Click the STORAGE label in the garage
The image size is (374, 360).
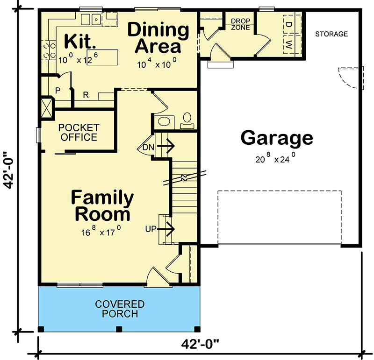[331, 34]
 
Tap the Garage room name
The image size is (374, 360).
[277, 138]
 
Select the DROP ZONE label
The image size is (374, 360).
[240, 24]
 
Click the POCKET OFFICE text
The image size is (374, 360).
[79, 133]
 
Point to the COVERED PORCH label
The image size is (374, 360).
[120, 309]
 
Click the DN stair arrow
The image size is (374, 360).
[166, 146]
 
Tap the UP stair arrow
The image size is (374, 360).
[166, 229]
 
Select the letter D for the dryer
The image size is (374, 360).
[288, 24]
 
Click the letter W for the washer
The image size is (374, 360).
[288, 44]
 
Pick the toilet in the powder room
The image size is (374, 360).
[187, 120]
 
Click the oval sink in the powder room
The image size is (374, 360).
[164, 121]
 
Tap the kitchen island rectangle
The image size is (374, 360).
[102, 57]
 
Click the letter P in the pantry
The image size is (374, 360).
[58, 91]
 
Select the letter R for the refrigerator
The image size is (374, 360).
[86, 95]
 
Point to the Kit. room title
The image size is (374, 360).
[80, 41]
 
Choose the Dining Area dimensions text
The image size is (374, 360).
[157, 63]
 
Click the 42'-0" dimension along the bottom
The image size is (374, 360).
[200, 344]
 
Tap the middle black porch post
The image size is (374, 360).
[119, 329]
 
